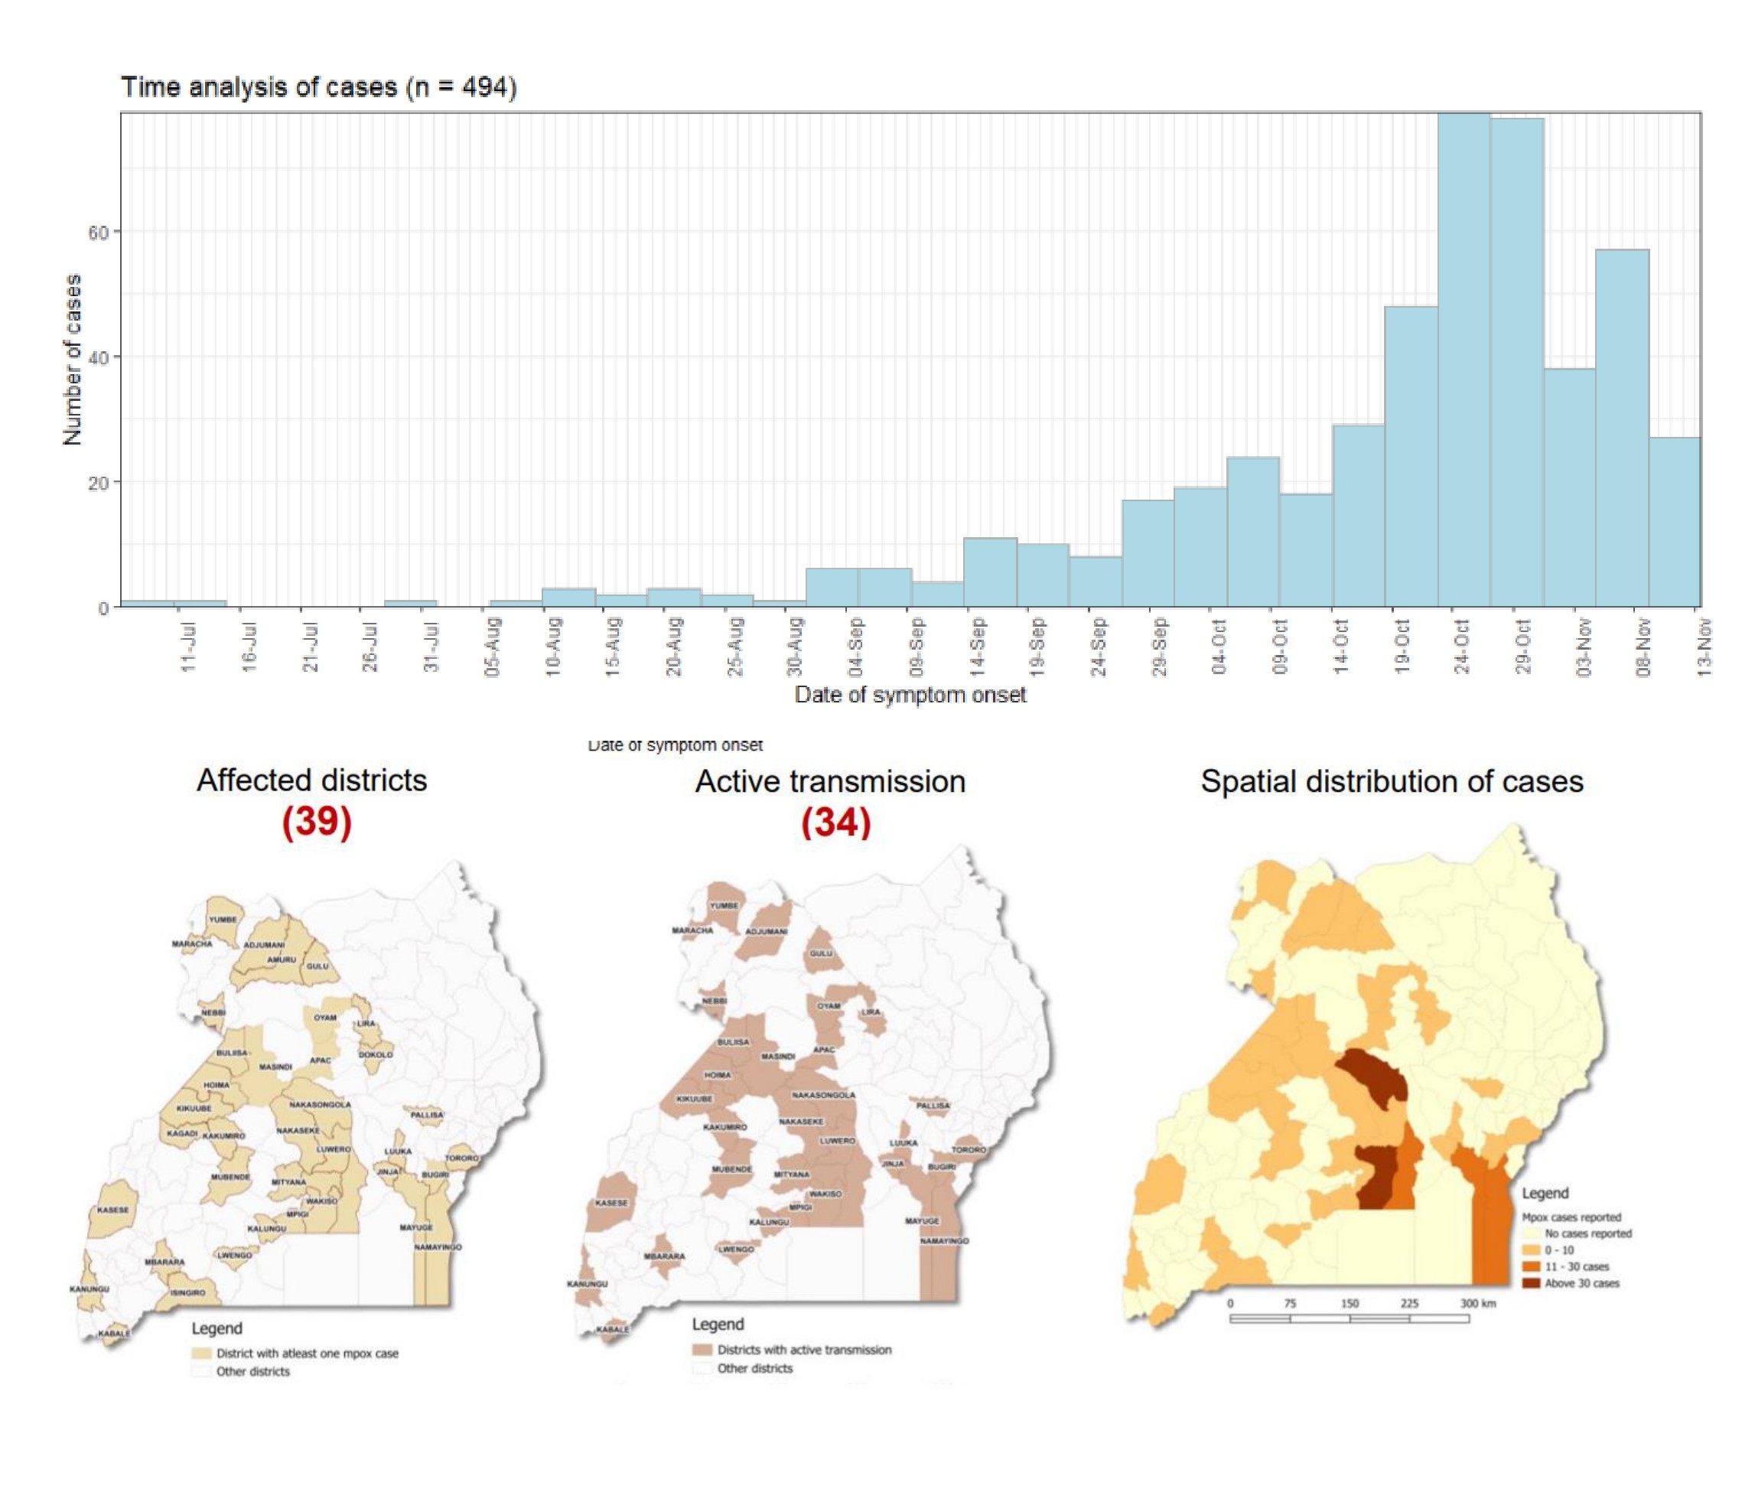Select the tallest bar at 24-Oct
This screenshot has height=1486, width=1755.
pos(1464,362)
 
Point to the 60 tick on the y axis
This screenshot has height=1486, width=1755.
pos(99,233)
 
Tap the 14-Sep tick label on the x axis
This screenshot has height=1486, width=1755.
pos(978,647)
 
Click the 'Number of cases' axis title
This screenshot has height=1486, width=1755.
pos(73,360)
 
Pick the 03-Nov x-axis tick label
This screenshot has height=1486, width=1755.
pos(1584,647)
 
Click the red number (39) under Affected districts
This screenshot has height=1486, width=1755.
pos(317,821)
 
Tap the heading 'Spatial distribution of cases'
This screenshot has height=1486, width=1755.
pos(1391,782)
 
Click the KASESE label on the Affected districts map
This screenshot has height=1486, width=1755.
pos(113,1210)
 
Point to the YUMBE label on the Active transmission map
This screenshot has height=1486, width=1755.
pos(724,905)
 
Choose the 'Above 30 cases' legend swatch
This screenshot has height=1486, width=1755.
pos(1530,1283)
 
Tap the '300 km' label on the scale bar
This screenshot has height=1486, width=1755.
pos(1478,1303)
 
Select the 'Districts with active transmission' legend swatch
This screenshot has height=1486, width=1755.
pos(702,1350)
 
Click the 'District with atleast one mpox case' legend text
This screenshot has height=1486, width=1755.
pos(308,1353)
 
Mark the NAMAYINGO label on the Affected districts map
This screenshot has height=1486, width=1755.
pos(437,1246)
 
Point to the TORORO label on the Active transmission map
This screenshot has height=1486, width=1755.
pos(969,1150)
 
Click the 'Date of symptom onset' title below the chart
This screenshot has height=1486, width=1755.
pos(910,695)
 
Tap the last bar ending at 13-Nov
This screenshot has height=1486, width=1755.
pos(1674,523)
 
